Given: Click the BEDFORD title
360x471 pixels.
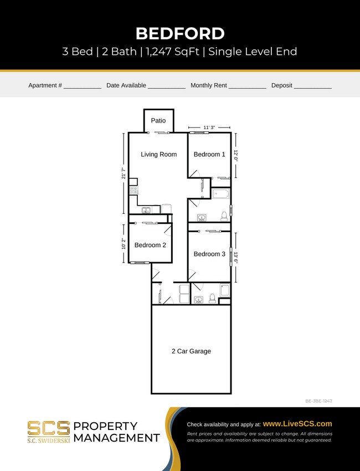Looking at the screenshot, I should (180, 33).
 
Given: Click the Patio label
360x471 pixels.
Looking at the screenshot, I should (158, 120).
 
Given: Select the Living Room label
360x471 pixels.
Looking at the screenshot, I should (158, 154).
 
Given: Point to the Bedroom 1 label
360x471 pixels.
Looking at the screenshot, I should (209, 154).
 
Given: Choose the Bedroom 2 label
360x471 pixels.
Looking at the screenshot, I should (150, 245).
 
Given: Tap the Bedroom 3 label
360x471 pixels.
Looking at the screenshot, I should (209, 254).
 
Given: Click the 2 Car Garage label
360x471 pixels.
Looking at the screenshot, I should (191, 351).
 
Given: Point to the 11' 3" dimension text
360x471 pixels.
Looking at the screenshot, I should (209, 127).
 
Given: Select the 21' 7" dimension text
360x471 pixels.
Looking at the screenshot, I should (124, 173).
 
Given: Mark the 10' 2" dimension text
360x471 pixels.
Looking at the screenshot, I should (124, 243).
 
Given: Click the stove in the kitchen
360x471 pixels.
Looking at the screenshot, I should (133, 190).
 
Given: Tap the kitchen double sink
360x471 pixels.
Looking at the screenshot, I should (146, 210).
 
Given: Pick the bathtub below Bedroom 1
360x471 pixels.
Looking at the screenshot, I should (220, 194).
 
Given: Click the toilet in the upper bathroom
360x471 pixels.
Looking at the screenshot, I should (224, 216).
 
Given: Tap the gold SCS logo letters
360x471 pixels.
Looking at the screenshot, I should (49, 428).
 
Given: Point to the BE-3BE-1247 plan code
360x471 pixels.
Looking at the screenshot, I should (318, 401).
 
